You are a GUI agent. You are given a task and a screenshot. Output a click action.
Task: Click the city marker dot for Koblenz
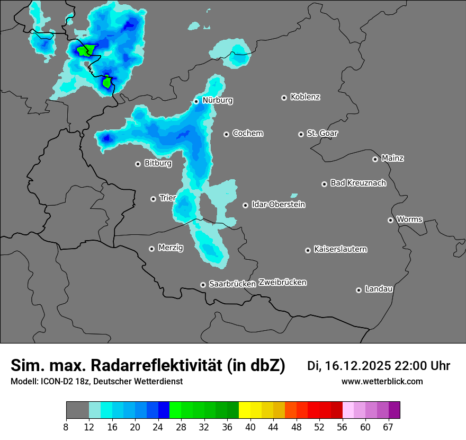coord(284,98)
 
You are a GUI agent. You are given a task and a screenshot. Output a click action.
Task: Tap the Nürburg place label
coord(217,100)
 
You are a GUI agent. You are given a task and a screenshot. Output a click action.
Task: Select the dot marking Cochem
coord(226,134)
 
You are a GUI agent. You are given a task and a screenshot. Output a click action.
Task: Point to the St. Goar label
coord(322,133)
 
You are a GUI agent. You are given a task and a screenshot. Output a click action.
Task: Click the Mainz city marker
coord(375,159)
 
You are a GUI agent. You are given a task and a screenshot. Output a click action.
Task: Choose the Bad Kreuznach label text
coord(358,183)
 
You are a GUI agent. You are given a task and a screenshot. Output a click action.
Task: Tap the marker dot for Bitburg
coord(138,164)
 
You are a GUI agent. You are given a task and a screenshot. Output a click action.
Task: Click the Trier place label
coord(167,198)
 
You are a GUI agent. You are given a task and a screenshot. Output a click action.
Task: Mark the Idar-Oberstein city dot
coord(245,205)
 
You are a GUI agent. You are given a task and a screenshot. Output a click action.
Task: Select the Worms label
coord(409,219)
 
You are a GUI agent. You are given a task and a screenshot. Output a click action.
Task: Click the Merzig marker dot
coord(151,248)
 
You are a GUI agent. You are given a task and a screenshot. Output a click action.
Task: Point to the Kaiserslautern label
coord(340,249)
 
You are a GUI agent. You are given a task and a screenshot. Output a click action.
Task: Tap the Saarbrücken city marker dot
coord(203,285)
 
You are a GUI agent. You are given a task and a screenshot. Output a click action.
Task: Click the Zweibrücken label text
coord(282,282)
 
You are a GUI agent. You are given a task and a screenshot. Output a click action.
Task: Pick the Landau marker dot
coord(359,290)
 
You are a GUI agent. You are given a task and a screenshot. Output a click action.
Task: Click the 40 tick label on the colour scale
coord(250,427)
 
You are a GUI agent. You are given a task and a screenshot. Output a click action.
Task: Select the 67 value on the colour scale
coord(388,427)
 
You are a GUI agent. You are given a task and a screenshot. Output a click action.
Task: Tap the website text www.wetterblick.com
coord(382,381)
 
